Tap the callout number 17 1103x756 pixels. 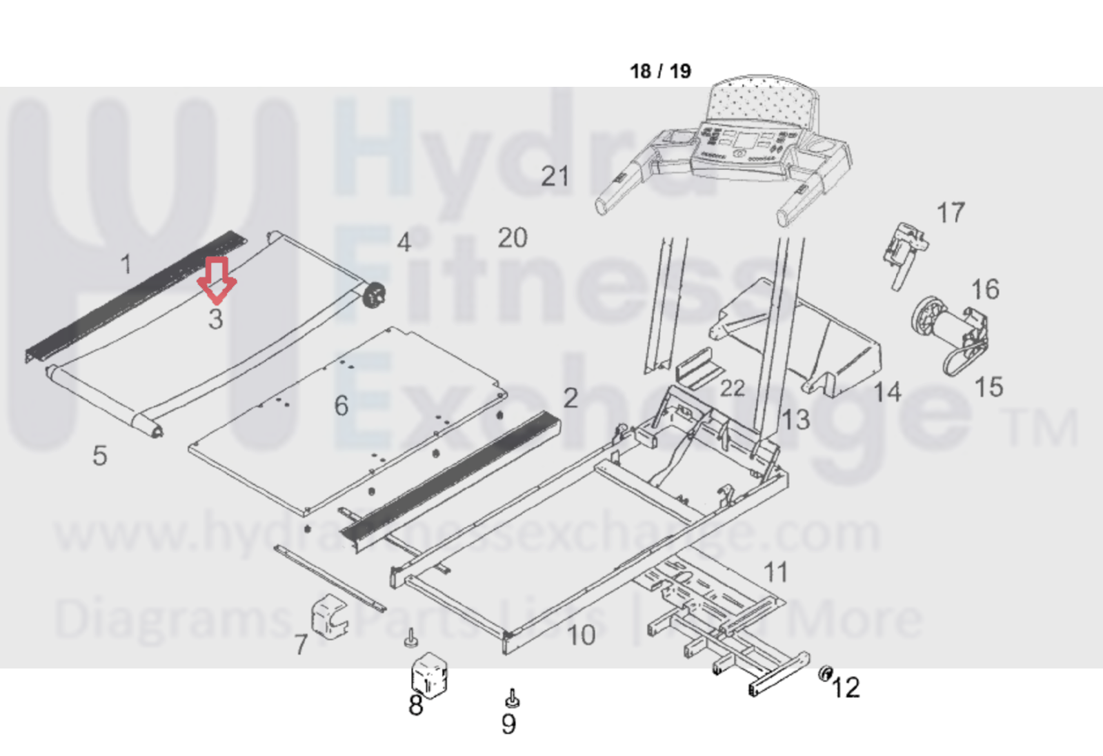click(950, 213)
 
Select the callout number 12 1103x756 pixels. click(846, 688)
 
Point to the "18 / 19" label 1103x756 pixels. click(660, 71)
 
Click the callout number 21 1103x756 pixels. click(555, 177)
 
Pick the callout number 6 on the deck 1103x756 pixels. click(341, 406)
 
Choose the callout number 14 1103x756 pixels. click(887, 392)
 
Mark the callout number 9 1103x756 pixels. click(508, 724)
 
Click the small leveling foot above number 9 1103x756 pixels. click(512, 699)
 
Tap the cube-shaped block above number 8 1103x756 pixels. click(429, 674)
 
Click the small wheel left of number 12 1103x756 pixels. click(825, 673)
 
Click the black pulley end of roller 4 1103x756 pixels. click(375, 296)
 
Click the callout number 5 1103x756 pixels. click(100, 456)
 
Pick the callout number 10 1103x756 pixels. click(581, 635)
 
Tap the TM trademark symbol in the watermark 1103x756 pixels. click(1042, 428)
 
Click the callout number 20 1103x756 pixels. click(513, 239)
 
